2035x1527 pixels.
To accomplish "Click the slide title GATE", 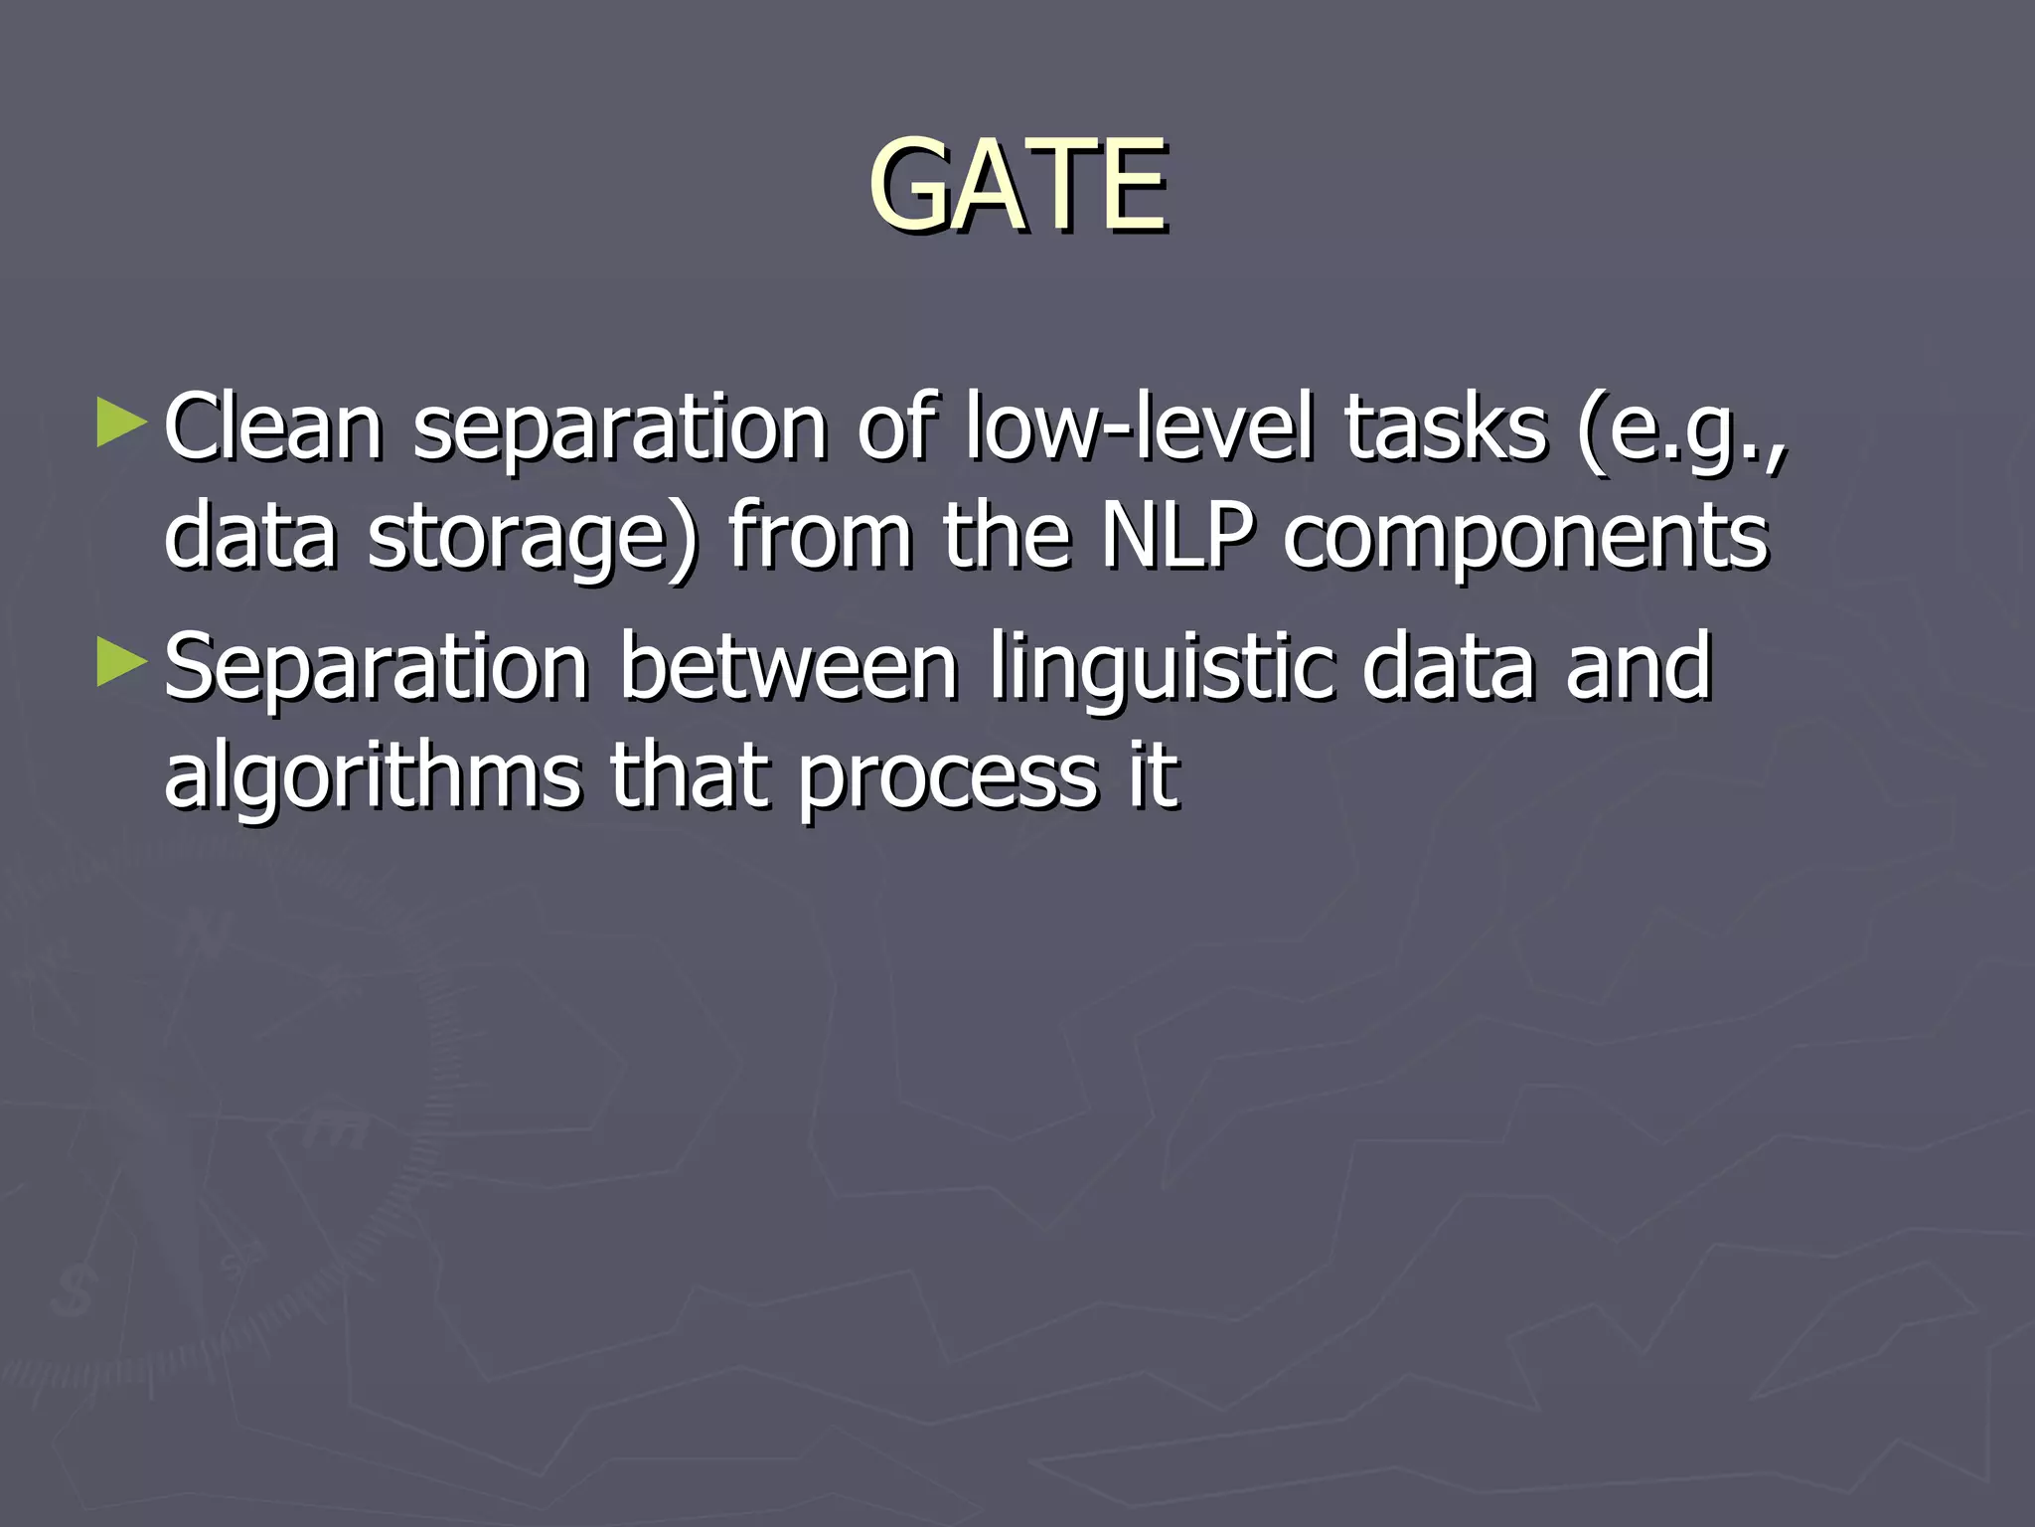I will [1017, 186].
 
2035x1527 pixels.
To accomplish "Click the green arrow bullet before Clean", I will [122, 424].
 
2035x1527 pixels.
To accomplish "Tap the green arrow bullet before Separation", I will [122, 663].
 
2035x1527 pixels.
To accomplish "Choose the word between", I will [789, 668].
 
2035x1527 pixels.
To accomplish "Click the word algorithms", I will [373, 778].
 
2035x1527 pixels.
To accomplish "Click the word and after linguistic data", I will [1639, 668].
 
